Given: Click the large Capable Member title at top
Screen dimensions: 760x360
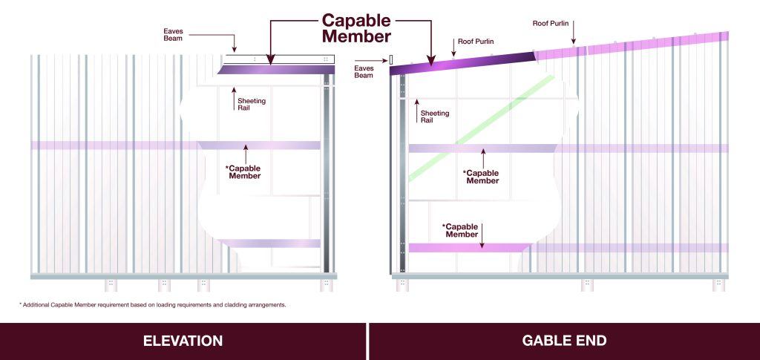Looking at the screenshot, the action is click(x=356, y=28).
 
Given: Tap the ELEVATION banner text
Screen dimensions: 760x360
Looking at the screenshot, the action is click(x=183, y=341).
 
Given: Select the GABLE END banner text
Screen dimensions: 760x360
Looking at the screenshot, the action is click(x=564, y=341).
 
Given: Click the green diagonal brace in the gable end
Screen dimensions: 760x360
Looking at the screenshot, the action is click(x=481, y=128).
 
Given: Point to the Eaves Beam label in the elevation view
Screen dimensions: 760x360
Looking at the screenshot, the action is click(x=173, y=34).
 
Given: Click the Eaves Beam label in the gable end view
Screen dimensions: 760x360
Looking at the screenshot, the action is click(x=364, y=72).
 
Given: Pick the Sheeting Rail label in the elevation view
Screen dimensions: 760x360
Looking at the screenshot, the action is click(x=252, y=104).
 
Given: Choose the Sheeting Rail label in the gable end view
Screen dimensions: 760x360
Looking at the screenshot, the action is click(x=435, y=117).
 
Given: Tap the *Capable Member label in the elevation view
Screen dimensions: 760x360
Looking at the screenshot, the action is click(x=243, y=172).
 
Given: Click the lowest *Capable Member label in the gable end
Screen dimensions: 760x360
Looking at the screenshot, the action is click(x=461, y=230).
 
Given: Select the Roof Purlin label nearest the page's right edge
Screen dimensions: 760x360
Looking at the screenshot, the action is click(x=551, y=23).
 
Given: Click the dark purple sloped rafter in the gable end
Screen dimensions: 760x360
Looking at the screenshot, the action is click(x=462, y=64).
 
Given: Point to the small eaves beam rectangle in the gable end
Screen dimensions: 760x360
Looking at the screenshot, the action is click(x=391, y=59).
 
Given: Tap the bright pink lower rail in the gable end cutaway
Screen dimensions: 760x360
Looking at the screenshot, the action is click(x=470, y=248).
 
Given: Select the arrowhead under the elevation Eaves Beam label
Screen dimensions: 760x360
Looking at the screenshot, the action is click(x=235, y=49).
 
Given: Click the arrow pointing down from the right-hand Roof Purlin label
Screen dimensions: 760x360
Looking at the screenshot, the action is click(x=573, y=36).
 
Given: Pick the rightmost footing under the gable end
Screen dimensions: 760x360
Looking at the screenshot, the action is click(x=718, y=285).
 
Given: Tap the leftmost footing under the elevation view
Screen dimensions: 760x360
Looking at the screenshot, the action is click(x=111, y=285).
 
